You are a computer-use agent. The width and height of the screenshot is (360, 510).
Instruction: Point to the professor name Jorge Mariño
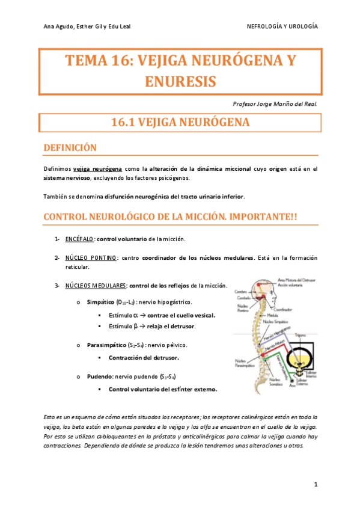click(275, 103)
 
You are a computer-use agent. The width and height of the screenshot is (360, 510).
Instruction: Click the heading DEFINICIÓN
click(70, 147)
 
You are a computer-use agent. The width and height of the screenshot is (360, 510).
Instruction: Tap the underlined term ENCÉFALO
click(79, 239)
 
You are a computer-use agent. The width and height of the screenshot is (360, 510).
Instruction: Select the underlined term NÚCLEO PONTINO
click(91, 257)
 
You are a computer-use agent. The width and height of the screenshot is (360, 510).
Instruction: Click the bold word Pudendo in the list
click(99, 375)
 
